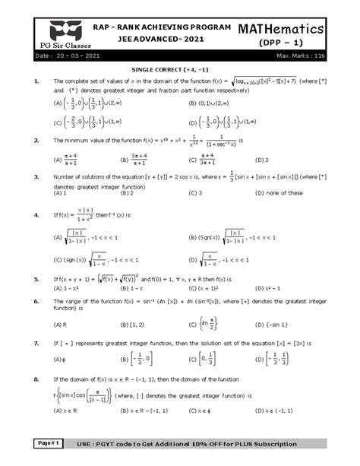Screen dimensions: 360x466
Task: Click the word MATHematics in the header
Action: pyautogui.click(x=291, y=28)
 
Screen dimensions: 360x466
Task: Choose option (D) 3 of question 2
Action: pyautogui.click(x=262, y=160)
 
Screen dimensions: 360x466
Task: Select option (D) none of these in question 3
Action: pyautogui.click(x=279, y=193)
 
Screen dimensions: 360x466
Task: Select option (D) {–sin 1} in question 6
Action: pyautogui.click(x=271, y=325)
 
